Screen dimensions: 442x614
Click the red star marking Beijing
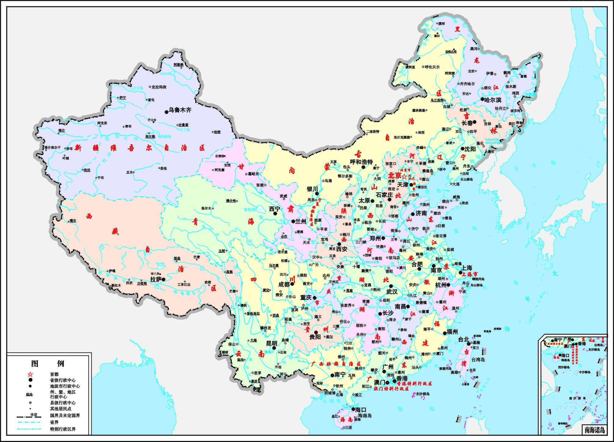click(x=404, y=177)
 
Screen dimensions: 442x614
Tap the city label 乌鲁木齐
click(x=180, y=110)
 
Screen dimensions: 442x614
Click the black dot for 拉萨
click(x=163, y=279)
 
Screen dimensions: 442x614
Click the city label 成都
click(x=284, y=284)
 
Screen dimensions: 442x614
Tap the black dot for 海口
click(x=353, y=409)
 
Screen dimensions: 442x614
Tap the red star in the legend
click(x=30, y=374)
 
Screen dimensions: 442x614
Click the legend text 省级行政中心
click(x=63, y=380)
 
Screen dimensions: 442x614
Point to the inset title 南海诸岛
click(x=594, y=430)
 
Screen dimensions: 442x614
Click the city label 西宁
click(x=274, y=209)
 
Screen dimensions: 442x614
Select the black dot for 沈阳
click(x=463, y=149)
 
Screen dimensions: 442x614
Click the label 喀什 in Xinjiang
click(x=62, y=130)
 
